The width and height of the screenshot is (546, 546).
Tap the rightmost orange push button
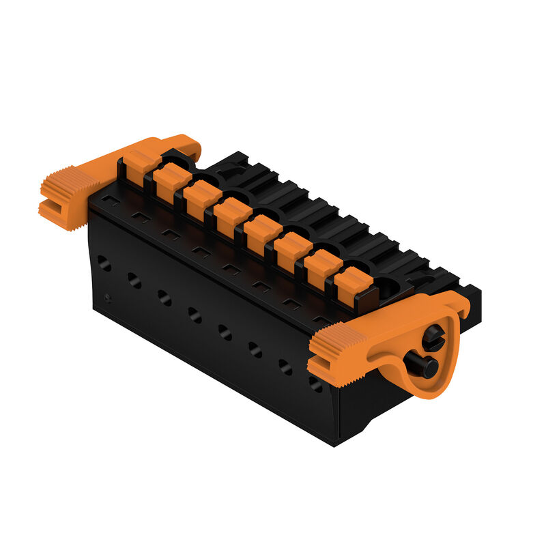tap(354, 283)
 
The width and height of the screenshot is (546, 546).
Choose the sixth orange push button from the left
tap(293, 250)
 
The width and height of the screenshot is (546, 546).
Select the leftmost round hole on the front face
tap(104, 263)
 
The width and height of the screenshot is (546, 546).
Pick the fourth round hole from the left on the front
tap(195, 315)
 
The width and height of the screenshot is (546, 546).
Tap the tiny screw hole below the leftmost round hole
tap(107, 298)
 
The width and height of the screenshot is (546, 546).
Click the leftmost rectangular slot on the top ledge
tap(111, 202)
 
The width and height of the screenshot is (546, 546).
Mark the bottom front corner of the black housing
tap(334, 444)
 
